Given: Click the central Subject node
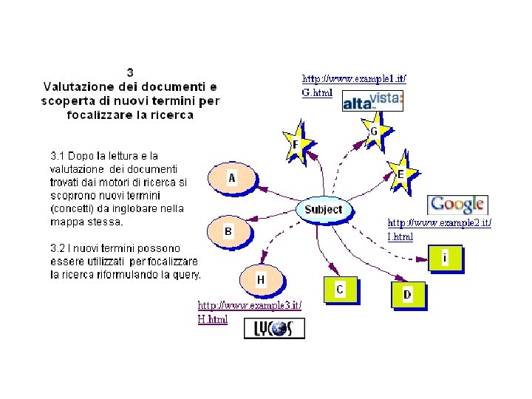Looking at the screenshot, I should pos(324,209).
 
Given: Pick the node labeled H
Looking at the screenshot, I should pos(261,279).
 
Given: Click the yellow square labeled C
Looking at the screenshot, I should pos(340,290).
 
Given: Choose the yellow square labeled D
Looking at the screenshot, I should pos(407,294).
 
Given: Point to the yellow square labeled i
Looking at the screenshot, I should pos(446,259).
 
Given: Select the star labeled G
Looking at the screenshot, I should pos(374,132).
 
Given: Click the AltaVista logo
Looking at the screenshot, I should pos(372,100).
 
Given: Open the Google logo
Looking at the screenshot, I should pos(457,205).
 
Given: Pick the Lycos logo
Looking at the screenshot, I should pos(274,328).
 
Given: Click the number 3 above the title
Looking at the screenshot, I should pos(130,72).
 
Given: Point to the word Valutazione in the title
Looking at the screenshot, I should pos(78,86).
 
